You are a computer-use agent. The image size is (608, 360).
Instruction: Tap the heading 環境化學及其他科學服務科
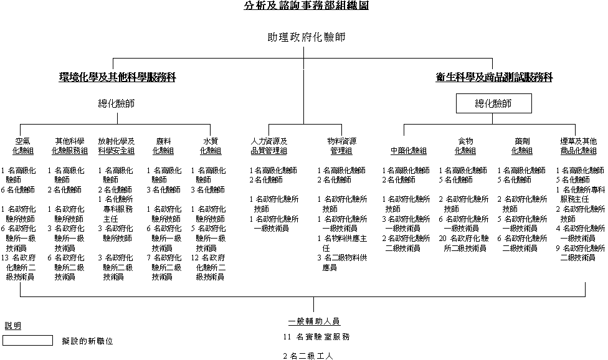pos(118,78)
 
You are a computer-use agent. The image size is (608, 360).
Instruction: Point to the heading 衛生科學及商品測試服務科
pos(493,78)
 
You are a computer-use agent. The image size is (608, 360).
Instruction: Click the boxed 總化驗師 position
pos(493,103)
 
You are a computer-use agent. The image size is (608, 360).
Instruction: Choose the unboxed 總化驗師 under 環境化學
pos(116,103)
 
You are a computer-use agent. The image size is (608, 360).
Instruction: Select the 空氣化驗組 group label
pos(24,146)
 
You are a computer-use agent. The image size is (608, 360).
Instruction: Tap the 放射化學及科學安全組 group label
pos(116,146)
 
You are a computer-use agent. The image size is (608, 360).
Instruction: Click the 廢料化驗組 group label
pos(164,146)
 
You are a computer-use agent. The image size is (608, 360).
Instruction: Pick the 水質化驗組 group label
pos(210,146)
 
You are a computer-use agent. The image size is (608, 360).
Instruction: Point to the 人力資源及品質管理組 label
pos(268,146)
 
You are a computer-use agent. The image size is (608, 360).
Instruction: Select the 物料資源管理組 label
pos(341,146)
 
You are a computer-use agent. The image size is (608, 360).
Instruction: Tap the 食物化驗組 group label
pos(465,146)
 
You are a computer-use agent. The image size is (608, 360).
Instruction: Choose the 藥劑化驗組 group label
pos(522,146)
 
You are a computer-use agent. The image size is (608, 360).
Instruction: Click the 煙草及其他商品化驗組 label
pos(578,146)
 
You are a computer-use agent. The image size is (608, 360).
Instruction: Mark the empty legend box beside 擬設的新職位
pos(28,341)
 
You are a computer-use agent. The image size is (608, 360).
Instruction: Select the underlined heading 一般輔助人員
pos(314,321)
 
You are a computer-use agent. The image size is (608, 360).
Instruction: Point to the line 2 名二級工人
pos(308,356)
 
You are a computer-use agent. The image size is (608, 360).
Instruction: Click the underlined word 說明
pos(12,326)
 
